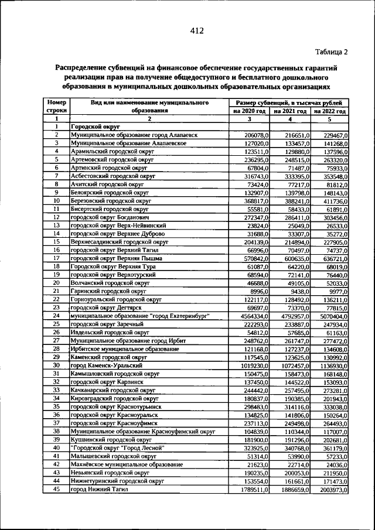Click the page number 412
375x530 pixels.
[x=196, y=32]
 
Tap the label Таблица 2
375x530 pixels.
[x=331, y=52]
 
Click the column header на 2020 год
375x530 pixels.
[x=250, y=110]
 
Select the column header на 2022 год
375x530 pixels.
[x=330, y=110]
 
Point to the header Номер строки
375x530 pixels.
[x=57, y=105]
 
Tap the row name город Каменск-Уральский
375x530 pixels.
[x=106, y=365]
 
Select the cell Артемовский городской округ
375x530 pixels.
[x=111, y=159]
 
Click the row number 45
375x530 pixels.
[x=57, y=489]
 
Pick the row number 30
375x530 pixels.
[x=57, y=365]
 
